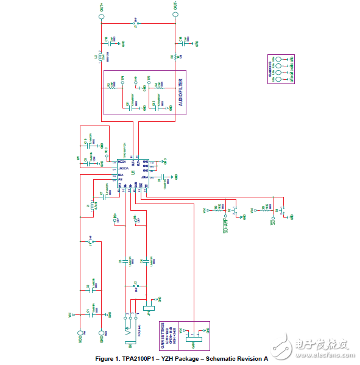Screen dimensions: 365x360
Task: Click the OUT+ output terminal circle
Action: tap(101, 16)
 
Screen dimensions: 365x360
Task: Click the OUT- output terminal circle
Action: tap(175, 16)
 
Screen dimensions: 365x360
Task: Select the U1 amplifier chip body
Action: tap(130, 174)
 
